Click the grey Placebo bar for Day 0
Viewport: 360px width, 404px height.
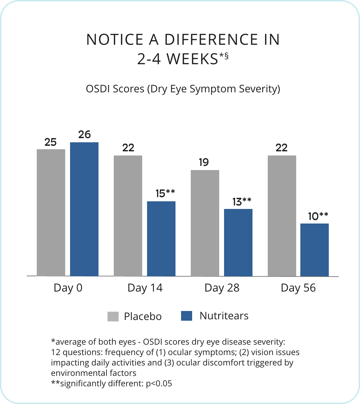pyautogui.click(x=51, y=212)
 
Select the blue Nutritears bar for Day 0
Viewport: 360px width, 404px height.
pyautogui.click(x=84, y=209)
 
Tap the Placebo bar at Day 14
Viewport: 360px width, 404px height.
pyautogui.click(x=128, y=216)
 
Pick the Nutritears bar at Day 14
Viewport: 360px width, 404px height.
pyautogui.click(x=161, y=238)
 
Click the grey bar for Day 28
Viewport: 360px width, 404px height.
pyautogui.click(x=205, y=223)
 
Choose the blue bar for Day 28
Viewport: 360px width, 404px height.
pyautogui.click(x=238, y=242)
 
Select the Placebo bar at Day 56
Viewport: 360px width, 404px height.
pyautogui.click(x=282, y=216)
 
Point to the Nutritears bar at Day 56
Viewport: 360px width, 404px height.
pyautogui.click(x=315, y=250)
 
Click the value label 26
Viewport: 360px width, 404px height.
pyautogui.click(x=84, y=134)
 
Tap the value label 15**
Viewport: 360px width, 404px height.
pyautogui.click(x=165, y=193)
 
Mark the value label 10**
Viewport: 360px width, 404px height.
pyautogui.click(x=318, y=217)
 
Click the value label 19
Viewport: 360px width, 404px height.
pyautogui.click(x=204, y=162)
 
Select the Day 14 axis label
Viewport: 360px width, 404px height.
pyautogui.click(x=145, y=288)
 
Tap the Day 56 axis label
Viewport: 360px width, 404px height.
pyautogui.click(x=298, y=288)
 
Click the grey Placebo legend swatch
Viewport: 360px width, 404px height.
pyautogui.click(x=113, y=316)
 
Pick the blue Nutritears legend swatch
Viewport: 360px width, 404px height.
pyautogui.click(x=187, y=316)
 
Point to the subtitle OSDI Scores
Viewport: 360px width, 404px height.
pyautogui.click(x=115, y=89)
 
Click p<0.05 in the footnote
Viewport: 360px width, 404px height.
pyautogui.click(x=158, y=384)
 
